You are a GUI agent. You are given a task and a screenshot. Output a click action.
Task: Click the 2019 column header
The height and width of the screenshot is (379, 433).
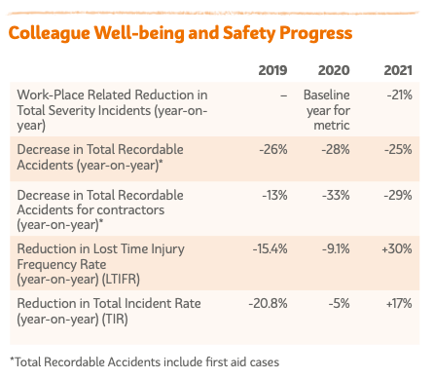point(272,70)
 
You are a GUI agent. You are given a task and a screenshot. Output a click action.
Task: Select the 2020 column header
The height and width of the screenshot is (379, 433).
point(334,70)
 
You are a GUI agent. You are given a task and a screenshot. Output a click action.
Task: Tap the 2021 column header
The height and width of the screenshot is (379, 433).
point(398,70)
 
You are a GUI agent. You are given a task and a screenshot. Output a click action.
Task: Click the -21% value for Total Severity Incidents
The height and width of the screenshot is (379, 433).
point(399,95)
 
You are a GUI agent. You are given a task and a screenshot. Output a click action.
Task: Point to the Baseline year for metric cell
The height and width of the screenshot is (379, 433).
point(327,110)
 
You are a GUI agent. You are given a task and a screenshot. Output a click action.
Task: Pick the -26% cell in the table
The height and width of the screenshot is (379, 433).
point(273,150)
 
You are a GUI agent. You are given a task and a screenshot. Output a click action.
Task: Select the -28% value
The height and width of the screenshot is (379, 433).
point(336,150)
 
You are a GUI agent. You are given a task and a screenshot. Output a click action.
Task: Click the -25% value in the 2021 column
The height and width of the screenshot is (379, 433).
point(398,150)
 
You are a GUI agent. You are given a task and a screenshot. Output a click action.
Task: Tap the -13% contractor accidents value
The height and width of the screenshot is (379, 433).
point(274,196)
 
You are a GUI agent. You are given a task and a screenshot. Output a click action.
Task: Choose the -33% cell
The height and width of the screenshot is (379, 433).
point(336,196)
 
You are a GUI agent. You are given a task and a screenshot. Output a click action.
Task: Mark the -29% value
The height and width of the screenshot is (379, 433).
point(398,196)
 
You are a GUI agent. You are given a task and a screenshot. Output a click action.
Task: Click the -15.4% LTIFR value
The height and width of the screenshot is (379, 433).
point(270,249)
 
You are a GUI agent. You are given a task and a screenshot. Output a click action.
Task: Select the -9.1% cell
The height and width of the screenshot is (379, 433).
point(336,249)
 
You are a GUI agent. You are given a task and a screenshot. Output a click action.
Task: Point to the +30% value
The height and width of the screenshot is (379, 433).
point(397,249)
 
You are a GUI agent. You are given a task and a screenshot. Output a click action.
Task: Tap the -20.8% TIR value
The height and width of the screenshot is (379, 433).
point(268,304)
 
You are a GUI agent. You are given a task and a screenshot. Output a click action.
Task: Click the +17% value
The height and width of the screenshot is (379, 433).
point(399,304)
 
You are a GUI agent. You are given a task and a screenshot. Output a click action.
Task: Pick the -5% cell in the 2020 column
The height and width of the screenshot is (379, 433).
point(339,304)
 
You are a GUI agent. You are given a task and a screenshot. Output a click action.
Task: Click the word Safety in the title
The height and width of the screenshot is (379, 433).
point(249,33)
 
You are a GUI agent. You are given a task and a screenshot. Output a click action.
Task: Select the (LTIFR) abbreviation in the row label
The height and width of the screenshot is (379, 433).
point(121,280)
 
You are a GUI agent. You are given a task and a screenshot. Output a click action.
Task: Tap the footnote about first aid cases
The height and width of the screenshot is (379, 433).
point(145,362)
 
